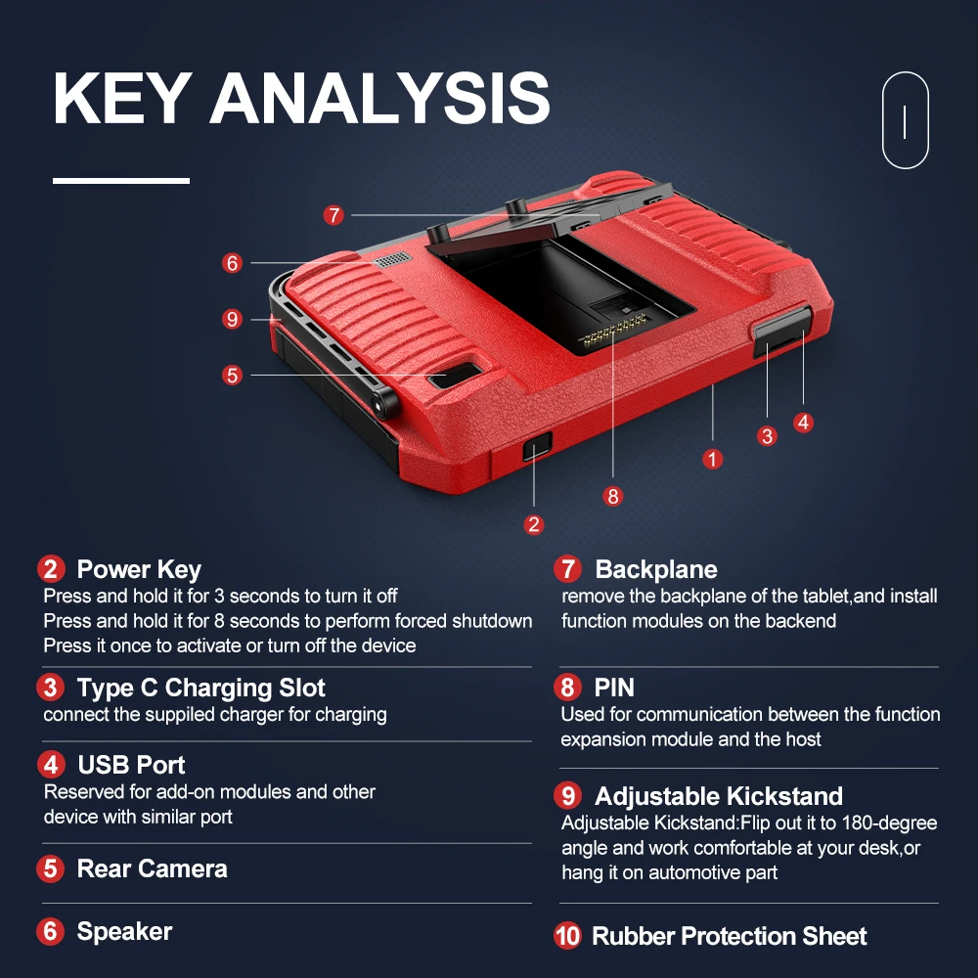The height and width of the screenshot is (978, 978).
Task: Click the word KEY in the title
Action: tap(120, 99)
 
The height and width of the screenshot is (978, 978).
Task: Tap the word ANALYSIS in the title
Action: tap(379, 99)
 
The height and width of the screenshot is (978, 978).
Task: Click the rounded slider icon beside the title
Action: tap(905, 120)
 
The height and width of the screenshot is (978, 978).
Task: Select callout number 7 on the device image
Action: tap(334, 215)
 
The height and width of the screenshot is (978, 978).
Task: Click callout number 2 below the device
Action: tap(533, 524)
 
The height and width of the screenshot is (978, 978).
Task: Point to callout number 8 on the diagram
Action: tap(613, 496)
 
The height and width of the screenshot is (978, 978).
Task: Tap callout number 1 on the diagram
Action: tap(713, 458)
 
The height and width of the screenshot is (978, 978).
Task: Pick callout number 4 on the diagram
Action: tap(803, 422)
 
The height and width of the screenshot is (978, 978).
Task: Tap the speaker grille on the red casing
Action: tap(391, 260)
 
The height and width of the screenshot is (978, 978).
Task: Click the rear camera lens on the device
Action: tap(456, 376)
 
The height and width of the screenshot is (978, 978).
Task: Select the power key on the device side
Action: tap(536, 449)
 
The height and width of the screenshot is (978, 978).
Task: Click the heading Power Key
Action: tap(139, 569)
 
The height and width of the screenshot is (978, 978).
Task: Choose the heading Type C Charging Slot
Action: tap(200, 688)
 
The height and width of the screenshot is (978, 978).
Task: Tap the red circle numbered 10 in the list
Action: tap(567, 936)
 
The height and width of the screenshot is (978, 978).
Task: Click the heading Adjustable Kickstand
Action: tap(718, 796)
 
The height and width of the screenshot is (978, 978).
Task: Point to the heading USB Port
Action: tap(131, 764)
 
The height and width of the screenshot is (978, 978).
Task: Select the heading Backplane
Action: tap(655, 569)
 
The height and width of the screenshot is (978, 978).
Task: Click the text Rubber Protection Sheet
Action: tap(729, 936)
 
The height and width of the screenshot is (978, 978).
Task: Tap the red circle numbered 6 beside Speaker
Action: tap(51, 931)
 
